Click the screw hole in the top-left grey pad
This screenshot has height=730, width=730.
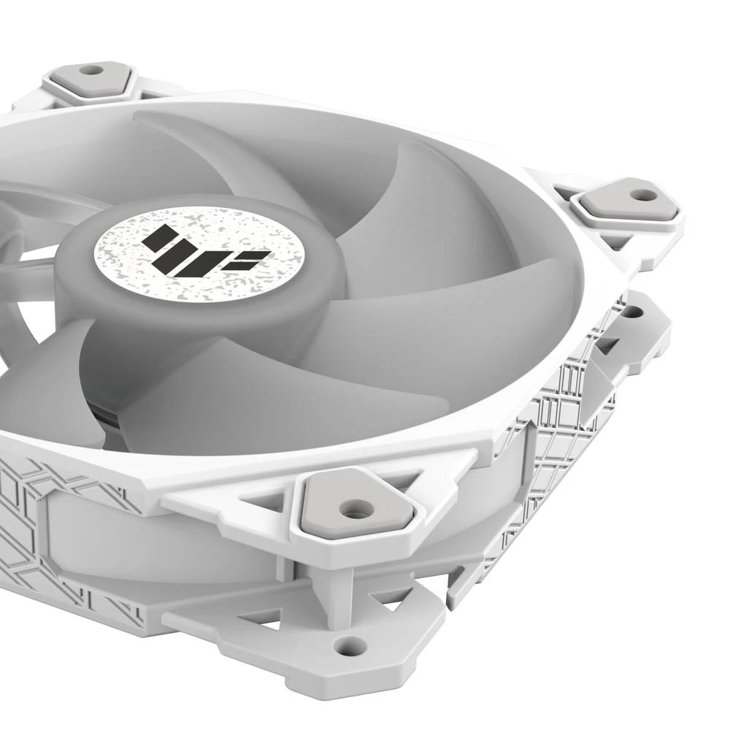91,70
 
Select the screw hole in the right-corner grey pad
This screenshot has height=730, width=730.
643,196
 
